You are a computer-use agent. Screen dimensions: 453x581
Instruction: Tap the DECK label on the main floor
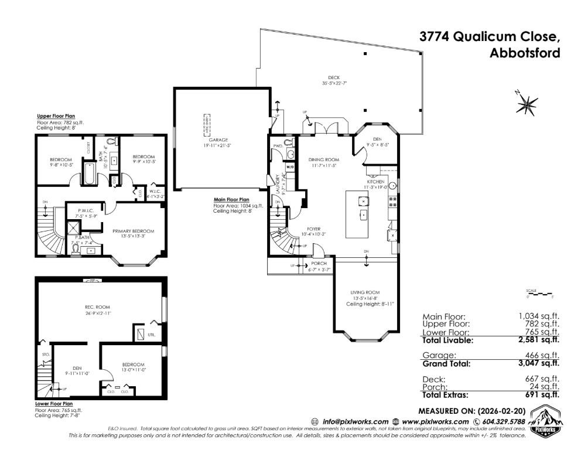pyautogui.click(x=334, y=77)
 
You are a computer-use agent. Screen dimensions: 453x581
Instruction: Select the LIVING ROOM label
pyautogui.click(x=365, y=292)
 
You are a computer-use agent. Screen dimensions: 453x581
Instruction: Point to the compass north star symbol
pyautogui.click(x=527, y=104)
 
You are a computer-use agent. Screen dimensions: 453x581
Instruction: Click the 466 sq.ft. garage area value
pyautogui.click(x=545, y=356)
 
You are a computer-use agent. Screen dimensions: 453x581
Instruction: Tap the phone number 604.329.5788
pyautogui.click(x=503, y=421)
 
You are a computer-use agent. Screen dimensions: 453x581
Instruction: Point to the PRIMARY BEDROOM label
pyautogui.click(x=134, y=231)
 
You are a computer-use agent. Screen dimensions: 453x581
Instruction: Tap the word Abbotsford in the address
pyautogui.click(x=524, y=53)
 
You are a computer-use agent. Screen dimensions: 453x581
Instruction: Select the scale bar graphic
pyautogui.click(x=539, y=293)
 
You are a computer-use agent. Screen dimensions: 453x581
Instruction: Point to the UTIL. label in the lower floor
pyautogui.click(x=152, y=335)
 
